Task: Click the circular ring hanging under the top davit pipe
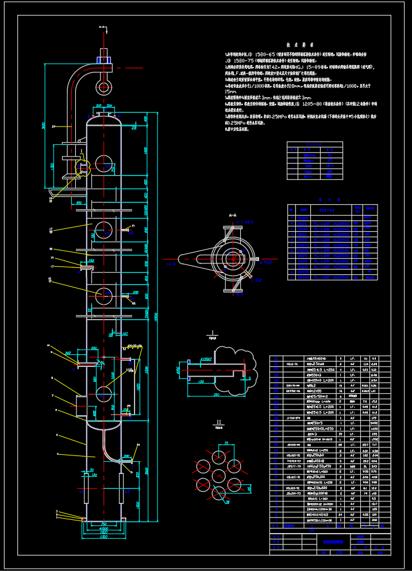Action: [x=104, y=87]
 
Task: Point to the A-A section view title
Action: [x=232, y=214]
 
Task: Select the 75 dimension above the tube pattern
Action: [x=226, y=443]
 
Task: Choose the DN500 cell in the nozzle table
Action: [x=310, y=155]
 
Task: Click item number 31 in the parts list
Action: [x=276, y=358]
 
